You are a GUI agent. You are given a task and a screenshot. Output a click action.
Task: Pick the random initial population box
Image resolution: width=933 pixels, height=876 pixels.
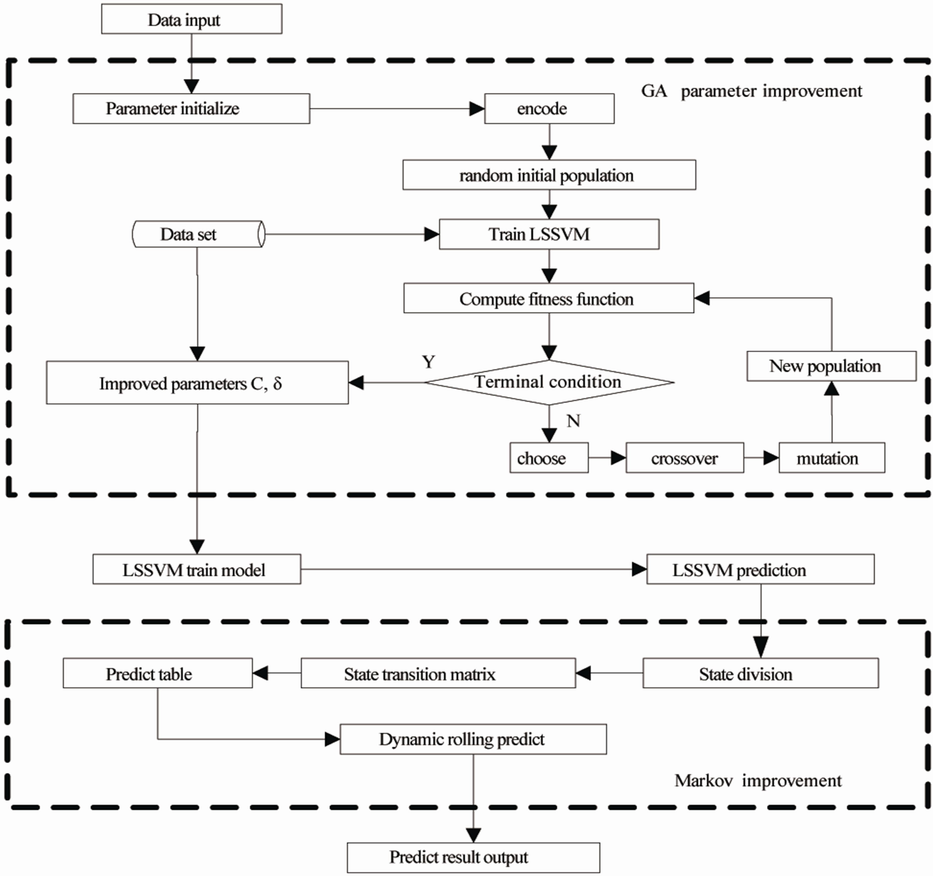tap(549, 175)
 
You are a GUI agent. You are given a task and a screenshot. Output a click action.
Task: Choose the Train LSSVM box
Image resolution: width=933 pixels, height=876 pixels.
tap(549, 234)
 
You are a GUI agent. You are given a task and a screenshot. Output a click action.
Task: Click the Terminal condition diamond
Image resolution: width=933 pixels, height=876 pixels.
tap(549, 382)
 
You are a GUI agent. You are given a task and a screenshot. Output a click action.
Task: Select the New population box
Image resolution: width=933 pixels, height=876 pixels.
tap(831, 366)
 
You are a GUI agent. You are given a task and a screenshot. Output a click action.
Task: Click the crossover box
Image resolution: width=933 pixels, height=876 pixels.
tap(685, 458)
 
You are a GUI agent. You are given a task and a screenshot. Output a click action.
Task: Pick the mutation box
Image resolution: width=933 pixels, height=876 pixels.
tap(832, 458)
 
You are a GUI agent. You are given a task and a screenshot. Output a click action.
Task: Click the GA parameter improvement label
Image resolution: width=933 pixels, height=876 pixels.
tap(751, 91)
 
